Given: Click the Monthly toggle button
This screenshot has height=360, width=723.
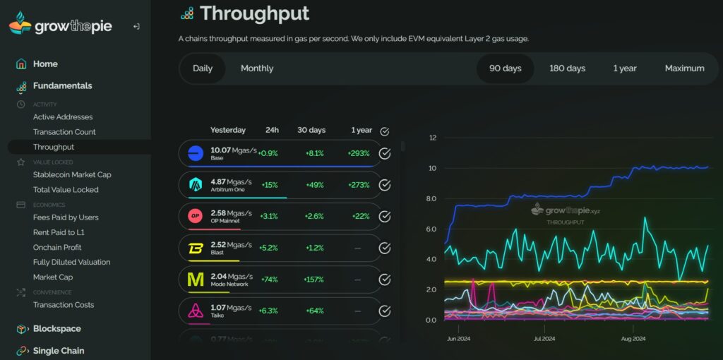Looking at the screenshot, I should click(257, 68).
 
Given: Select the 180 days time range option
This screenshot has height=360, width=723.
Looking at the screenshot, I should click(567, 68).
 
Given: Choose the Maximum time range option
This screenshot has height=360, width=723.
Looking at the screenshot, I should click(684, 68).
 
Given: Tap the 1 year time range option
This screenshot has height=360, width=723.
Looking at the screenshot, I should click(624, 68).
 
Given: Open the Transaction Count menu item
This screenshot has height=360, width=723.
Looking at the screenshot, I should click(64, 132).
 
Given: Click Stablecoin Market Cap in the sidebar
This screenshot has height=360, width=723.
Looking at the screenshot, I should click(72, 174).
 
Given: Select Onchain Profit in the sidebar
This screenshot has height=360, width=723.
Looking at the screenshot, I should click(57, 247).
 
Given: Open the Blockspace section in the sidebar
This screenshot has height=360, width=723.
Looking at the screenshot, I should click(56, 329).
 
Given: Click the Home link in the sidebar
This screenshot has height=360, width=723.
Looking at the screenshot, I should click(45, 64).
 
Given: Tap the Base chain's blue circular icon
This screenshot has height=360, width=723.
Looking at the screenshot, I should click(196, 152).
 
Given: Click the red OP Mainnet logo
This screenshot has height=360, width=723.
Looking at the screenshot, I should click(196, 216).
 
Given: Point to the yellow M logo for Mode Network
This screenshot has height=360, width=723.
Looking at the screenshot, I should click(196, 280).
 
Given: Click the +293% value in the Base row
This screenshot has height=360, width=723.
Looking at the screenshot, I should click(359, 153).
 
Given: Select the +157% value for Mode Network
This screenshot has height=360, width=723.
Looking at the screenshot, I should click(314, 280).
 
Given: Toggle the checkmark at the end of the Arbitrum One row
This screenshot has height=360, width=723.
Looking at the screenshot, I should click(385, 185).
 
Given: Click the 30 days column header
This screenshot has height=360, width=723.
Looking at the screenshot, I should click(311, 130).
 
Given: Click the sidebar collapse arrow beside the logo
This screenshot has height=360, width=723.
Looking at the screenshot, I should click(136, 26).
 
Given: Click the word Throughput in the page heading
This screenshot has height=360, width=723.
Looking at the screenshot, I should click(254, 13).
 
